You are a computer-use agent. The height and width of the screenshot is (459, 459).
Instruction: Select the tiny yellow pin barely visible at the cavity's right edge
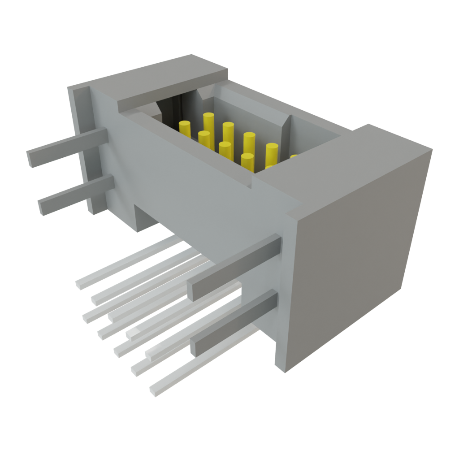click(294, 156)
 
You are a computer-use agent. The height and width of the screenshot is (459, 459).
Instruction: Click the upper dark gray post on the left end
click(67, 148)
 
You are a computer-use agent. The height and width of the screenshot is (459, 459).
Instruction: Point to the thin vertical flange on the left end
click(83, 148)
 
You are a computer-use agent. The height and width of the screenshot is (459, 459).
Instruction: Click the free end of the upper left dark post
click(30, 159)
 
